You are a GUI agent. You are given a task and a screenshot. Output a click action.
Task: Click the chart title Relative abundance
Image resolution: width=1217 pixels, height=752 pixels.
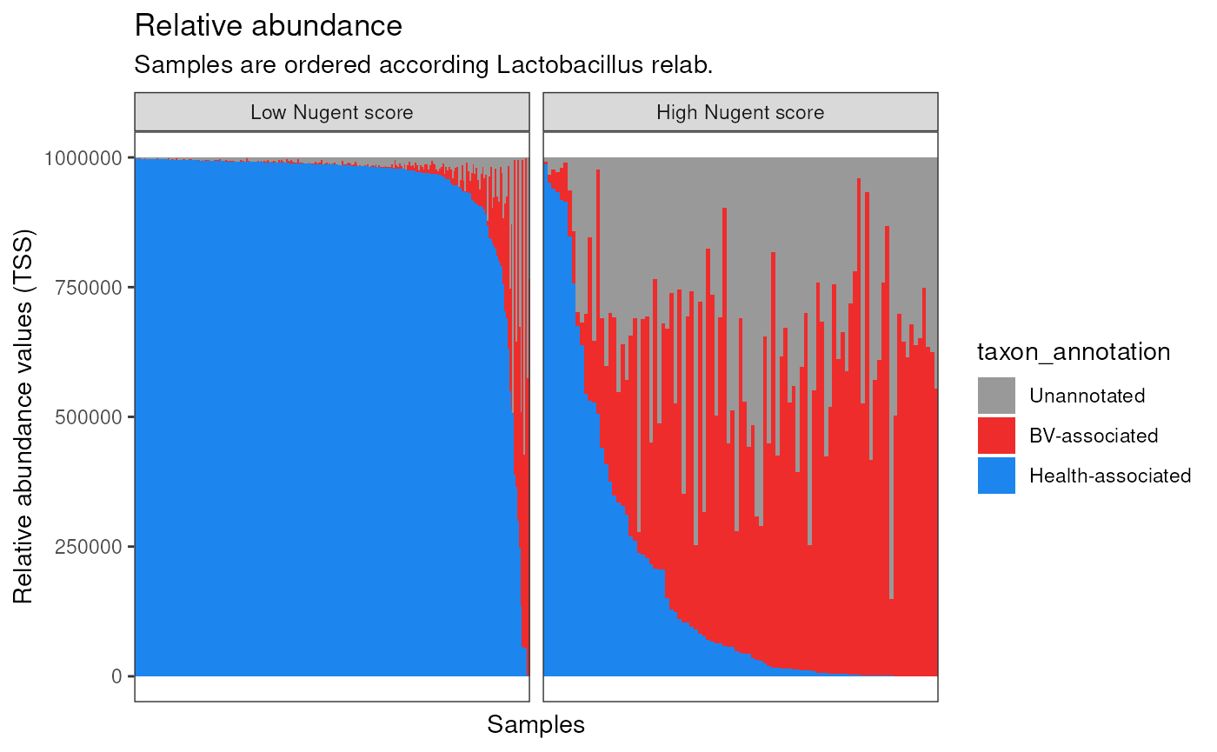(269, 26)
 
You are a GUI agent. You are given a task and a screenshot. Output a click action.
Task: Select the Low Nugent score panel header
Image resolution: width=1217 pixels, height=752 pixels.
(331, 112)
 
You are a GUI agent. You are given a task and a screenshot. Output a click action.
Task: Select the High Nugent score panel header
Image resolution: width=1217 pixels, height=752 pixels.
(740, 112)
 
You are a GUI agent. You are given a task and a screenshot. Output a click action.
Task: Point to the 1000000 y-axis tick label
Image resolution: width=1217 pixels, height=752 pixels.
(83, 157)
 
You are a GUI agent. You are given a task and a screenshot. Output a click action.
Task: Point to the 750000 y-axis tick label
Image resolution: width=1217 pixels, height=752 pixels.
(87, 287)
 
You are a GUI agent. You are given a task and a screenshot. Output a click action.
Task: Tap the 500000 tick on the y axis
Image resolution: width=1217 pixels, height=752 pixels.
(87, 416)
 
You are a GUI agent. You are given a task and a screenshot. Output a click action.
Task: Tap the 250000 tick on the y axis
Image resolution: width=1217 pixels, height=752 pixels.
(87, 546)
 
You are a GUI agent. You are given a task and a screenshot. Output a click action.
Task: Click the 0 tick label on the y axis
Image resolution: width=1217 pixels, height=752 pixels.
(116, 675)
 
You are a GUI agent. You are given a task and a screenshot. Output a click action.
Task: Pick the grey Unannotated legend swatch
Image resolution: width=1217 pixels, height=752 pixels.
(996, 396)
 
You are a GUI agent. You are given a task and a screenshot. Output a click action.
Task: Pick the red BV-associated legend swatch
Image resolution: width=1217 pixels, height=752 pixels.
(996, 436)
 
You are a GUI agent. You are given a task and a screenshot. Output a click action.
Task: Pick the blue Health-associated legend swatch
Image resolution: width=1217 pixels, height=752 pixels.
(996, 476)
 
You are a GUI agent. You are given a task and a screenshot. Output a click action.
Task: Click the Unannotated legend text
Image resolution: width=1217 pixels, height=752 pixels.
(1087, 396)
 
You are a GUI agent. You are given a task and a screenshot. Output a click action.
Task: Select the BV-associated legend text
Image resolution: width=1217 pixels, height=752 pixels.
(1094, 436)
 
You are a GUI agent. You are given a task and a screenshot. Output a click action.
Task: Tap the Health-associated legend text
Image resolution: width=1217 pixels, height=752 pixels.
(1109, 476)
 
